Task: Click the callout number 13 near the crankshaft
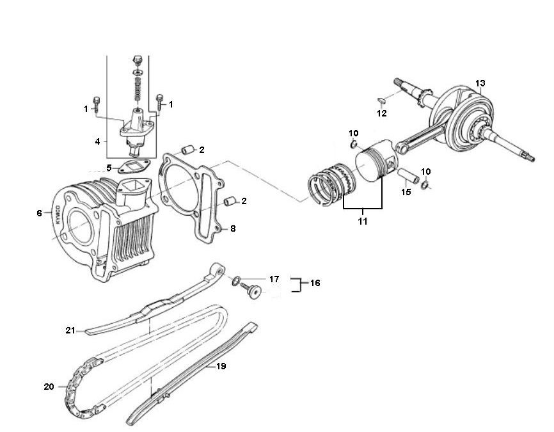(480, 83)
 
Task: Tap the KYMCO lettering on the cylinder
(57, 213)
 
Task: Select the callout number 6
(39, 213)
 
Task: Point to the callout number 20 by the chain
(49, 387)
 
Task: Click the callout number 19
(221, 367)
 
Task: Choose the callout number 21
(70, 330)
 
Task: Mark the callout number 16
(315, 283)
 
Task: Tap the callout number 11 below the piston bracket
(363, 221)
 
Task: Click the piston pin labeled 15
(408, 176)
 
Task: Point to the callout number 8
(232, 228)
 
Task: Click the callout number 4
(97, 141)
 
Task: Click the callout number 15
(406, 192)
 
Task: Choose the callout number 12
(381, 114)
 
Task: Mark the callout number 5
(109, 168)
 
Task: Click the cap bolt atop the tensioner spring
(136, 61)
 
